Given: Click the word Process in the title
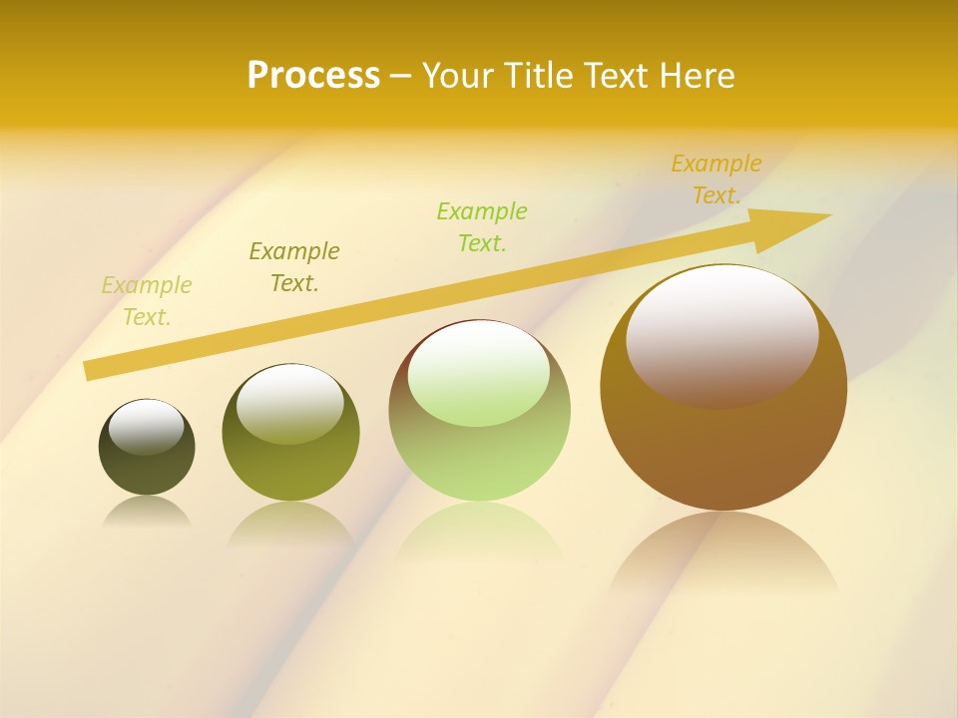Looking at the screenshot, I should pyautogui.click(x=313, y=75).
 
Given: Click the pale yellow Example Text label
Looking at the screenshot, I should pyautogui.click(x=147, y=301).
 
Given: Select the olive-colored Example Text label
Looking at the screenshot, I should pyautogui.click(x=293, y=267).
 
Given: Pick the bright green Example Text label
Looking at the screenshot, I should pyautogui.click(x=481, y=227).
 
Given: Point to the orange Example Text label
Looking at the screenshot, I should pyautogui.click(x=716, y=179).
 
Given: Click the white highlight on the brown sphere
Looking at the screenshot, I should pyautogui.click(x=721, y=335).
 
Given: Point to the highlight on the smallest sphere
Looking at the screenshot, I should pyautogui.click(x=147, y=427).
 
